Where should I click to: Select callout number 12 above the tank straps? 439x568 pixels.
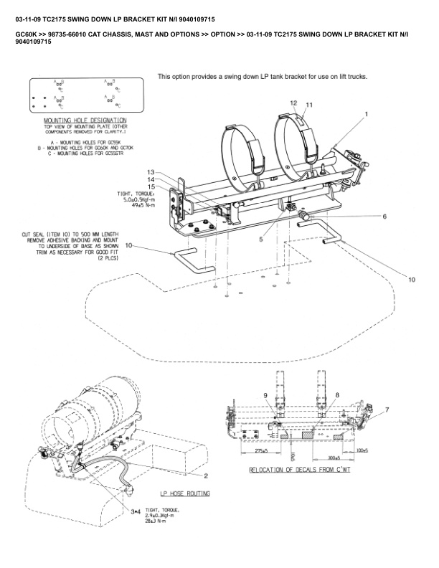tap(293, 103)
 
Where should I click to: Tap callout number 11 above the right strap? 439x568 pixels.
tap(309, 105)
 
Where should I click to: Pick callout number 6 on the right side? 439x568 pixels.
tap(384, 216)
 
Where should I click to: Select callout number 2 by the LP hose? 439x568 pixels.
tap(206, 475)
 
